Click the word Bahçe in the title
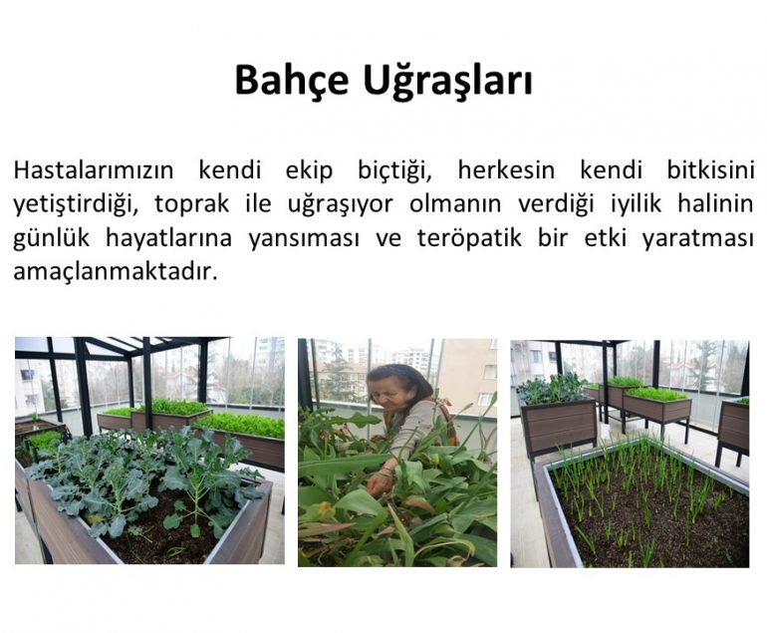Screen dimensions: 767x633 coord(292,81)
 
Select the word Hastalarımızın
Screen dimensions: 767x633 coord(94,170)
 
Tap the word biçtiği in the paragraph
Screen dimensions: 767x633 coord(394,171)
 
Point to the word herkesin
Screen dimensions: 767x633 coord(506,170)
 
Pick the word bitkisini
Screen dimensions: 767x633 coord(710,170)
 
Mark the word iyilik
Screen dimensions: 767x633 coord(636,204)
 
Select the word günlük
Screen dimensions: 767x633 coord(52,238)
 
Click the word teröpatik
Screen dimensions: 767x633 coord(469,238)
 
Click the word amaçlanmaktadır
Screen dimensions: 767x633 coord(116,271)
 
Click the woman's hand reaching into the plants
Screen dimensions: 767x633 coord(378,482)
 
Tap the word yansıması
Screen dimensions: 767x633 coord(304,238)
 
